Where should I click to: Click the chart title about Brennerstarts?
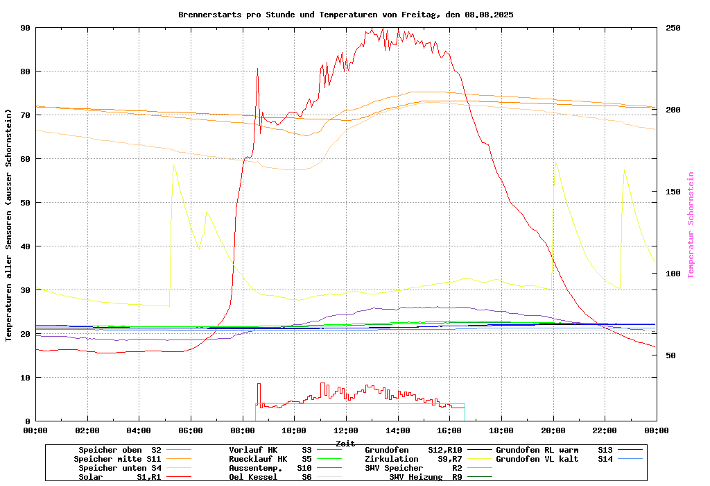[x=345, y=14]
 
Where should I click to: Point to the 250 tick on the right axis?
[x=673, y=28]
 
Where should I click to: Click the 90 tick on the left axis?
[x=26, y=28]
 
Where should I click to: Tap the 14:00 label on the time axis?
[x=397, y=430]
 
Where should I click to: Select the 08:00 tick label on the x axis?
[x=243, y=430]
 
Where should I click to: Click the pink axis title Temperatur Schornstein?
[x=691, y=225]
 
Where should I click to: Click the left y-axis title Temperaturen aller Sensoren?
[x=9, y=225]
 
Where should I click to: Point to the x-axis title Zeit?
[x=345, y=443]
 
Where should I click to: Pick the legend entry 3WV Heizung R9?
[x=426, y=477]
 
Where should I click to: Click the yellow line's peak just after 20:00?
[x=555, y=163]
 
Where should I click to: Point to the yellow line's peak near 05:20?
[x=173, y=165]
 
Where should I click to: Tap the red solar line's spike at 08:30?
[x=257, y=69]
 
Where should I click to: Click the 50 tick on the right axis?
[x=670, y=355]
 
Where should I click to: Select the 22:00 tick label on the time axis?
[x=605, y=430]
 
